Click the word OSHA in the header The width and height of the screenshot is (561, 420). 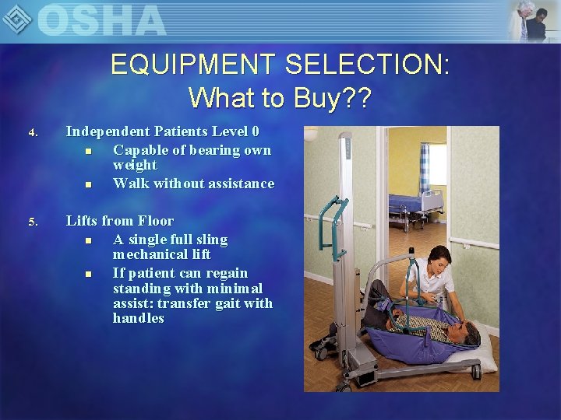101,19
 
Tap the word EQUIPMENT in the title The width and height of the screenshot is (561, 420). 194,64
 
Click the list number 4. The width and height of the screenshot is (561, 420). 33,133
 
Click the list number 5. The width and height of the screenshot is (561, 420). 33,222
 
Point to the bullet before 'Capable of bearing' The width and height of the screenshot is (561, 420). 89,151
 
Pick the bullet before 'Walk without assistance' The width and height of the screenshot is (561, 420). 89,184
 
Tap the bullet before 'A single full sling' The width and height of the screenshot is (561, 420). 89,240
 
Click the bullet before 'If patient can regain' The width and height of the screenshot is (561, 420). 89,274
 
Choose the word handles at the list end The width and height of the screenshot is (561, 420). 138,318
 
